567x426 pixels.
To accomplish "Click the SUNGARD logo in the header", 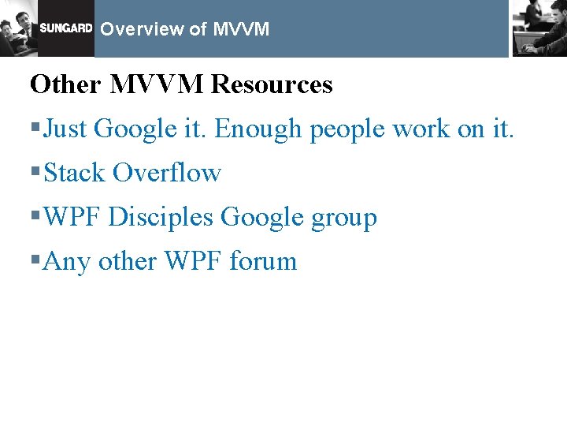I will click(66, 28).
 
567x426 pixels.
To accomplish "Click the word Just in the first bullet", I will click(70, 129).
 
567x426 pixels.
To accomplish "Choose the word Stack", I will click(75, 173).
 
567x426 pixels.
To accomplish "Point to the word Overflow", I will click(166, 173).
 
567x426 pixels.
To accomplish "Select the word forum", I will click(262, 261).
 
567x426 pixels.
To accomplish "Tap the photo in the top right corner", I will click(539, 28).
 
